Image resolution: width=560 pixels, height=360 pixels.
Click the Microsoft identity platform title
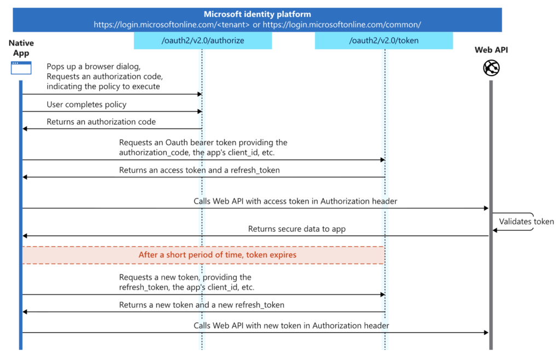(x=257, y=14)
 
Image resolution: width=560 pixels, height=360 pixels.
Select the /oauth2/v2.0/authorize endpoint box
(x=202, y=40)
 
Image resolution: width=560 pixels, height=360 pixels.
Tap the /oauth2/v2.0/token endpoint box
(x=383, y=40)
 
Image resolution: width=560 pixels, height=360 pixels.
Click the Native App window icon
(x=21, y=68)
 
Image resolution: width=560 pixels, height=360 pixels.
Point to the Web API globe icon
(x=491, y=68)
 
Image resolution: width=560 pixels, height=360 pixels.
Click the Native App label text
(x=21, y=48)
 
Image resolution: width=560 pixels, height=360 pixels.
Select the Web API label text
(x=491, y=50)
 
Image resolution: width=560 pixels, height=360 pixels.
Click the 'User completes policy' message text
(x=86, y=104)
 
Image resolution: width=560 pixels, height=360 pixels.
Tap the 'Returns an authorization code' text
(x=101, y=122)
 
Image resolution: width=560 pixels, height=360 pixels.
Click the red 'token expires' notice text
(x=217, y=255)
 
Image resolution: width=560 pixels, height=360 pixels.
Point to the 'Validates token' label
(x=526, y=222)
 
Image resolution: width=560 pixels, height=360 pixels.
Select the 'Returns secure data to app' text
(x=296, y=229)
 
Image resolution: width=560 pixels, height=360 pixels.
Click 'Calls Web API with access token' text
(x=295, y=201)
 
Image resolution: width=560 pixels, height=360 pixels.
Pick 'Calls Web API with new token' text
(x=291, y=326)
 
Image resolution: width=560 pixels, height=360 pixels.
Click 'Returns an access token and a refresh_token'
(x=199, y=170)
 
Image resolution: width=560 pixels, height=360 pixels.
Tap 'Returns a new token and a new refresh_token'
(x=201, y=305)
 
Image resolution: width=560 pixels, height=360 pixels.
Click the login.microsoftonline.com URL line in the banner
(x=257, y=25)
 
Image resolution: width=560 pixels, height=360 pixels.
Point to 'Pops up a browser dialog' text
(x=94, y=67)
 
